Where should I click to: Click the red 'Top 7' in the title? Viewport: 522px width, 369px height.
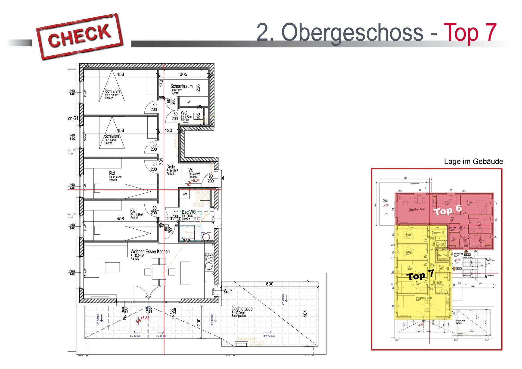coord(470,32)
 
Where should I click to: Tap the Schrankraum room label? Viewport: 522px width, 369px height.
coord(181,86)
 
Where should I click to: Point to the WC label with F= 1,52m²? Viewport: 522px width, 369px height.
coord(184,113)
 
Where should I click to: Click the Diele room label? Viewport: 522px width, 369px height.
coord(170,167)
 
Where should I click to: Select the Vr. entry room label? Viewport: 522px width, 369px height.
coord(191,170)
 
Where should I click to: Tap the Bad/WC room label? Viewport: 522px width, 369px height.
coord(189,212)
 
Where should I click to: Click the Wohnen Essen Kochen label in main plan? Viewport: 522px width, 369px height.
coord(150,252)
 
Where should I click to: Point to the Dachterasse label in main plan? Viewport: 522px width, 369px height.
coord(242,309)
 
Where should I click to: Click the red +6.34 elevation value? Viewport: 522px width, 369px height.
coord(195,180)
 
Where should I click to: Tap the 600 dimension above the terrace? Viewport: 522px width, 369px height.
coord(269,284)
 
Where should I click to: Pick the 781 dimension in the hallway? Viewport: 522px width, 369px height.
coord(161,162)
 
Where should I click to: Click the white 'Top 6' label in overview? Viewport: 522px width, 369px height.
coord(448,210)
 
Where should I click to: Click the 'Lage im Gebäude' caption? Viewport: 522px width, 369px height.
coord(473,162)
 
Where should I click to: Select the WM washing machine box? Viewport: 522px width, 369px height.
coord(185,194)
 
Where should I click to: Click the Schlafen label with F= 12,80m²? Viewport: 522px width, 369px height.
coord(112,91)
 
